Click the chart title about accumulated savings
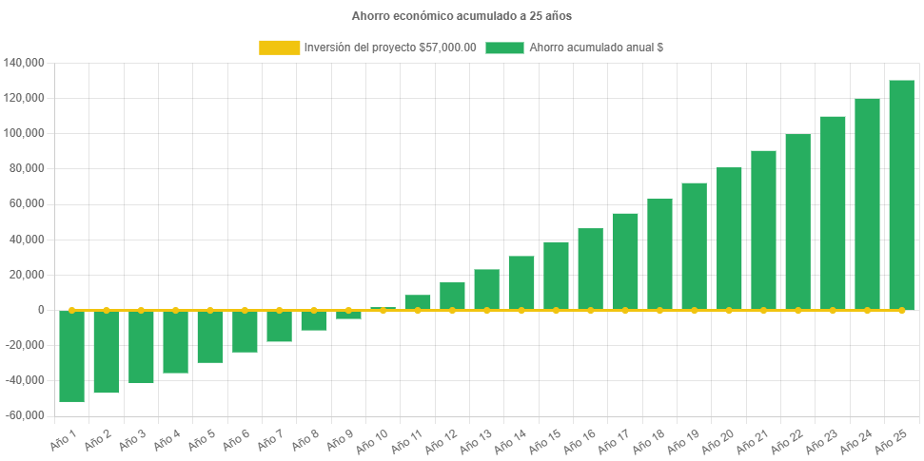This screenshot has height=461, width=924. point(462,16)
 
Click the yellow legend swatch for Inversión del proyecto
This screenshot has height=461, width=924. point(278,48)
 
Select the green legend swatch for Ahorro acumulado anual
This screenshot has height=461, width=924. point(504,48)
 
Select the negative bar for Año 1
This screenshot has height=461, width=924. point(71,356)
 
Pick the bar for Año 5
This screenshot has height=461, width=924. point(210,336)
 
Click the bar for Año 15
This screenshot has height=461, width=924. point(556,276)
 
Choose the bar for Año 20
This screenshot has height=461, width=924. point(729,239)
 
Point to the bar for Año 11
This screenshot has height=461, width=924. point(418,302)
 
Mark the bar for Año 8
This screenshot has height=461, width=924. point(314,320)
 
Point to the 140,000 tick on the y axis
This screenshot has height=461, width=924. point(25,63)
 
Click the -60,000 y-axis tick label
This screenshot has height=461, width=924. point(25,415)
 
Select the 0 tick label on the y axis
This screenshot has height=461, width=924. point(41,310)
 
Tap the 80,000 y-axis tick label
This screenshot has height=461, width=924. point(28,168)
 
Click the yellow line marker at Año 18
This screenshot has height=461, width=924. point(659,310)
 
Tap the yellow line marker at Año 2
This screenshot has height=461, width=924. point(107,310)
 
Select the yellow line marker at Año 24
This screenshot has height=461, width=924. point(867,310)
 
